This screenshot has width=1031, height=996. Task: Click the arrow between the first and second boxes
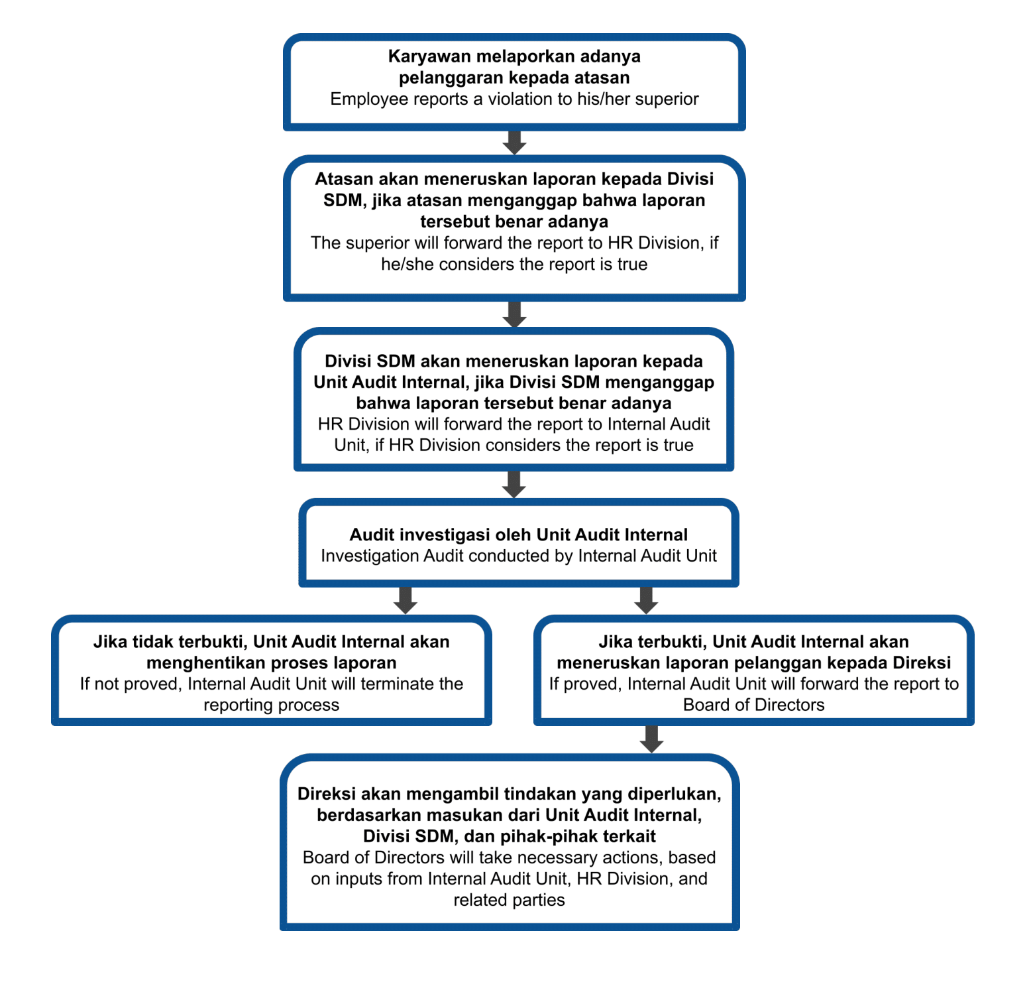click(514, 143)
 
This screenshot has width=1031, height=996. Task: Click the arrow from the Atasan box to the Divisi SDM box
click(514, 314)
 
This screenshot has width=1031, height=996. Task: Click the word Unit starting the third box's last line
click(350, 445)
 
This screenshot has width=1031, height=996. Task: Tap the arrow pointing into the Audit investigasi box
click(514, 485)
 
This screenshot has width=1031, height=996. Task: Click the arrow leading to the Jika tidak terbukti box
click(405, 600)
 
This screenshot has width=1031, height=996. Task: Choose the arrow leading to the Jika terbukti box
click(646, 600)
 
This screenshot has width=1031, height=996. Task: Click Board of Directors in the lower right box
click(753, 705)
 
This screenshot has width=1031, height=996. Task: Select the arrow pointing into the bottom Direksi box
click(652, 739)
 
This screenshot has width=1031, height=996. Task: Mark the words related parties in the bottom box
click(509, 900)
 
